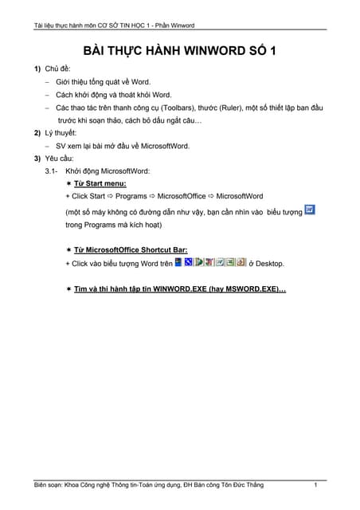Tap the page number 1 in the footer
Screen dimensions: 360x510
point(316,485)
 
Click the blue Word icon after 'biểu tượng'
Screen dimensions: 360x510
point(311,210)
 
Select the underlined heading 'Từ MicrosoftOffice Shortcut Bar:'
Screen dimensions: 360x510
point(131,250)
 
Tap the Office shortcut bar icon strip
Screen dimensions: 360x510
point(210,261)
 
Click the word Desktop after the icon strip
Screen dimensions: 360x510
point(268,263)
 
